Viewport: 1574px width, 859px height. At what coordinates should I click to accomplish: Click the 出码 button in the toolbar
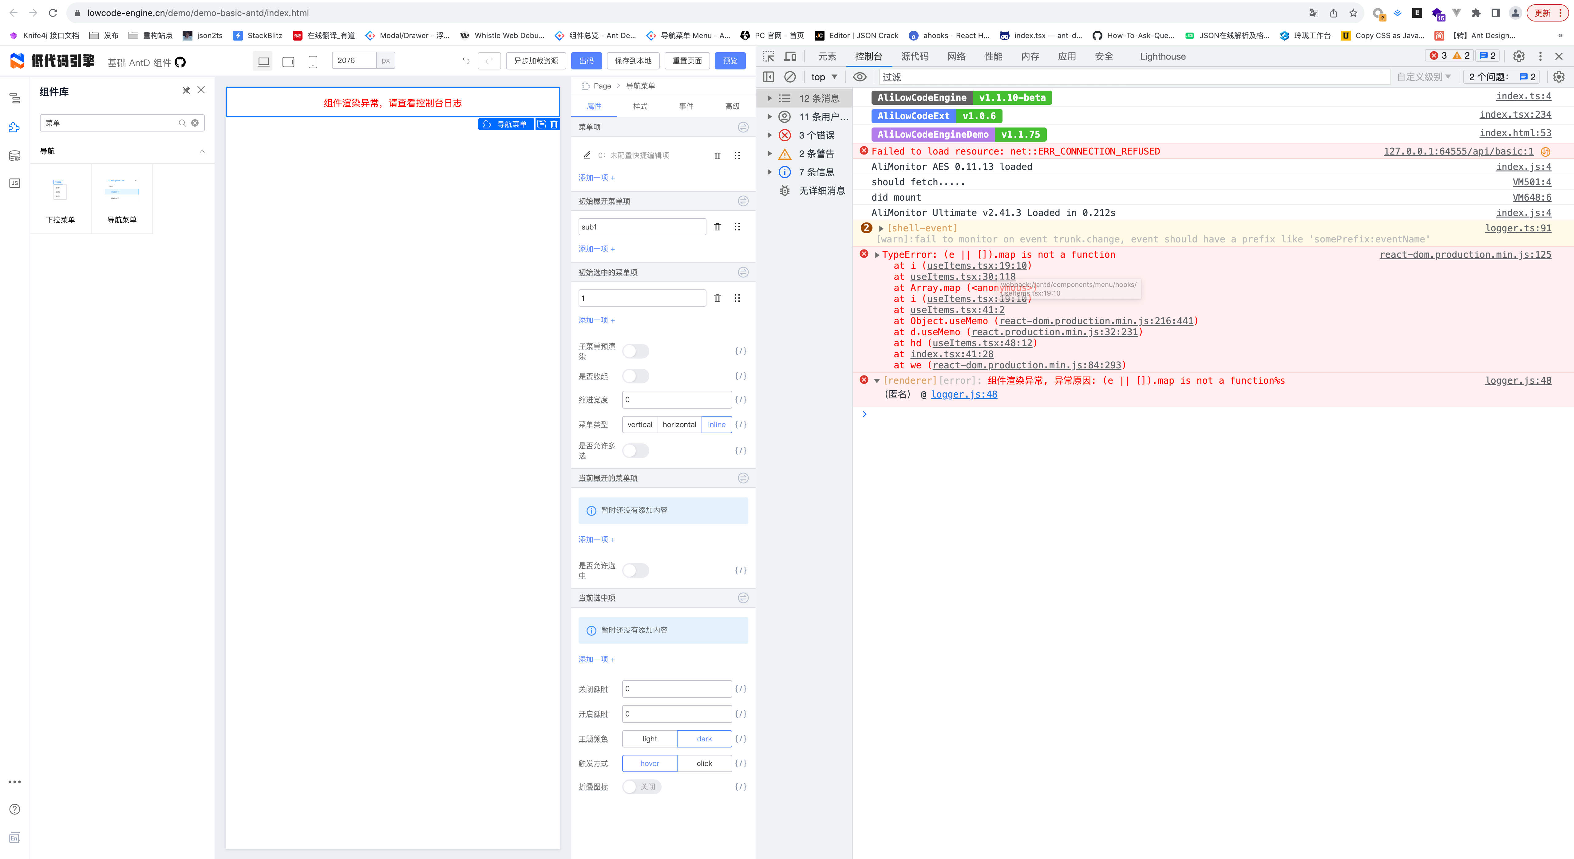click(586, 61)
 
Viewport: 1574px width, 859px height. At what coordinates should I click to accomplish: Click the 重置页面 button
click(687, 61)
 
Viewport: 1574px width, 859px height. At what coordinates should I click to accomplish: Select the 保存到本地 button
click(633, 61)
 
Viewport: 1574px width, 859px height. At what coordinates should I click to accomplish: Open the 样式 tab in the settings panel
click(640, 106)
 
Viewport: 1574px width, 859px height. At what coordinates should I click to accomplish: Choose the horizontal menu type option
click(679, 424)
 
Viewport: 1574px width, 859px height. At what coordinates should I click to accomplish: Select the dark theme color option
click(704, 739)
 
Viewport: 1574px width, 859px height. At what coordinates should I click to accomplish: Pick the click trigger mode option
click(704, 763)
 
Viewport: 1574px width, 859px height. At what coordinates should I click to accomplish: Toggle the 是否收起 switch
click(635, 376)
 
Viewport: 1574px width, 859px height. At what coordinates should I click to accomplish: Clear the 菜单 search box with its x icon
click(195, 123)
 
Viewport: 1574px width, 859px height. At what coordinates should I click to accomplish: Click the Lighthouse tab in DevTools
click(1162, 56)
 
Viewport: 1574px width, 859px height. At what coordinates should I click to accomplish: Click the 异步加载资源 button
click(535, 61)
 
